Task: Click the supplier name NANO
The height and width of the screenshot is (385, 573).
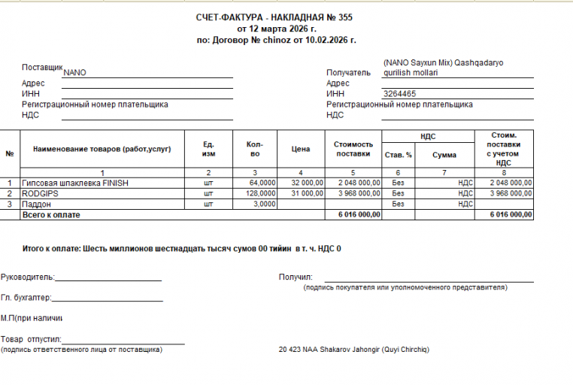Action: pyautogui.click(x=75, y=73)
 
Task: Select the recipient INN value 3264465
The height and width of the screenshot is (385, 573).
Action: pyautogui.click(x=399, y=94)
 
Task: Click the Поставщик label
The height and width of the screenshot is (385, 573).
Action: pyautogui.click(x=42, y=68)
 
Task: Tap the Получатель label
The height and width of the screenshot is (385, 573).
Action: pyautogui.click(x=349, y=73)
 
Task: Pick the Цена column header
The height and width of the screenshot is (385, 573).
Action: pyautogui.click(x=300, y=149)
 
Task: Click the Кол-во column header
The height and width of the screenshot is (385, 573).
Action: pyautogui.click(x=254, y=149)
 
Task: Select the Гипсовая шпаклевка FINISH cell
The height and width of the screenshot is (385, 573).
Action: pyautogui.click(x=76, y=183)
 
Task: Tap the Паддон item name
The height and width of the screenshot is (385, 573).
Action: pyautogui.click(x=37, y=204)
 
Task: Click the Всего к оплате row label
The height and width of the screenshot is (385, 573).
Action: pyautogui.click(x=51, y=214)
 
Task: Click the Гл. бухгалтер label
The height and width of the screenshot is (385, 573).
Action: pyautogui.click(x=26, y=298)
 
